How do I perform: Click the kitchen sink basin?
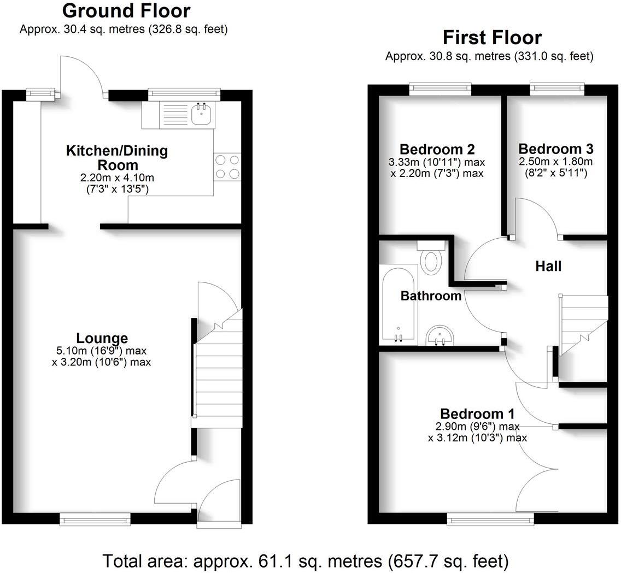201,115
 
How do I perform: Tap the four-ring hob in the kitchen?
227,167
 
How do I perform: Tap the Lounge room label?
102,338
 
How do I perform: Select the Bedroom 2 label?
429,149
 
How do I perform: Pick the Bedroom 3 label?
555,149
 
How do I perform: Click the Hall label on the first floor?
548,266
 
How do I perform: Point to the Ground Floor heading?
126,11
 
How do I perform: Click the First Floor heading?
492,38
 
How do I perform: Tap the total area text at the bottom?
306,560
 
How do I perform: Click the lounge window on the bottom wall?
95,518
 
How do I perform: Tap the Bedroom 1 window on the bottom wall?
490,519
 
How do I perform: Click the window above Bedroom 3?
556,88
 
